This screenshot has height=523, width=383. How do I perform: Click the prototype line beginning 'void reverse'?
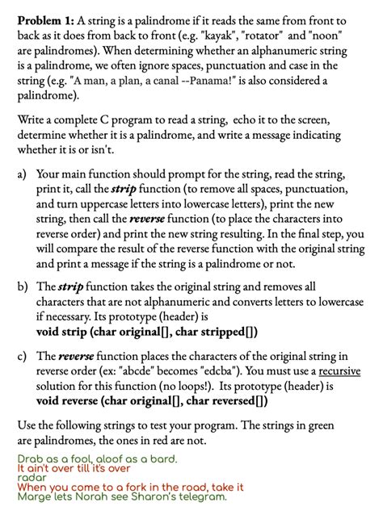152,401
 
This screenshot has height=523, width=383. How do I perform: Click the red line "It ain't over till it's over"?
74,468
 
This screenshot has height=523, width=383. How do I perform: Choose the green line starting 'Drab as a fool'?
97,458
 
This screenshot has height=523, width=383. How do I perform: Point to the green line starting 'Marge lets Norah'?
122,497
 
